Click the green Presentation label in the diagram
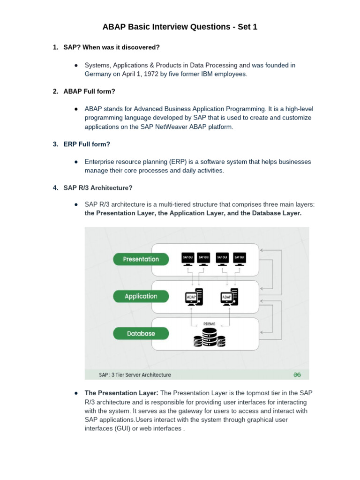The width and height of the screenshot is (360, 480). pos(141,259)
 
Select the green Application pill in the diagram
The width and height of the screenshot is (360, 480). pos(141,296)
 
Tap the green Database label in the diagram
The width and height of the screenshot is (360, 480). pos(141,334)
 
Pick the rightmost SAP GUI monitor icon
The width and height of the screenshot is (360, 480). pos(239,259)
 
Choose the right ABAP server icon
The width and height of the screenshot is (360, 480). pos(229,297)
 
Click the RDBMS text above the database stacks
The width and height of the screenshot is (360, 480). pos(210,323)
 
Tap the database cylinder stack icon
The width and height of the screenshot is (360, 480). pos(210,338)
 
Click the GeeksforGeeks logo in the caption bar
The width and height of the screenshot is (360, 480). pos(297,375)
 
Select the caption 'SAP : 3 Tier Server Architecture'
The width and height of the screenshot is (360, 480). pos(135,375)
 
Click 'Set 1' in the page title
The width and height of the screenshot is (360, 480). pos(244,27)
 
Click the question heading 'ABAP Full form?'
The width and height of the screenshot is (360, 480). pos(89,91)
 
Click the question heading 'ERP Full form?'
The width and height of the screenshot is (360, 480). pos(87,144)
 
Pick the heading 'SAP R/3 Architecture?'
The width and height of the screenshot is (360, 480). pos(98,188)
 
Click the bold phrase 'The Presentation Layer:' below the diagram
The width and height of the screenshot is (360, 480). pos(121,392)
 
